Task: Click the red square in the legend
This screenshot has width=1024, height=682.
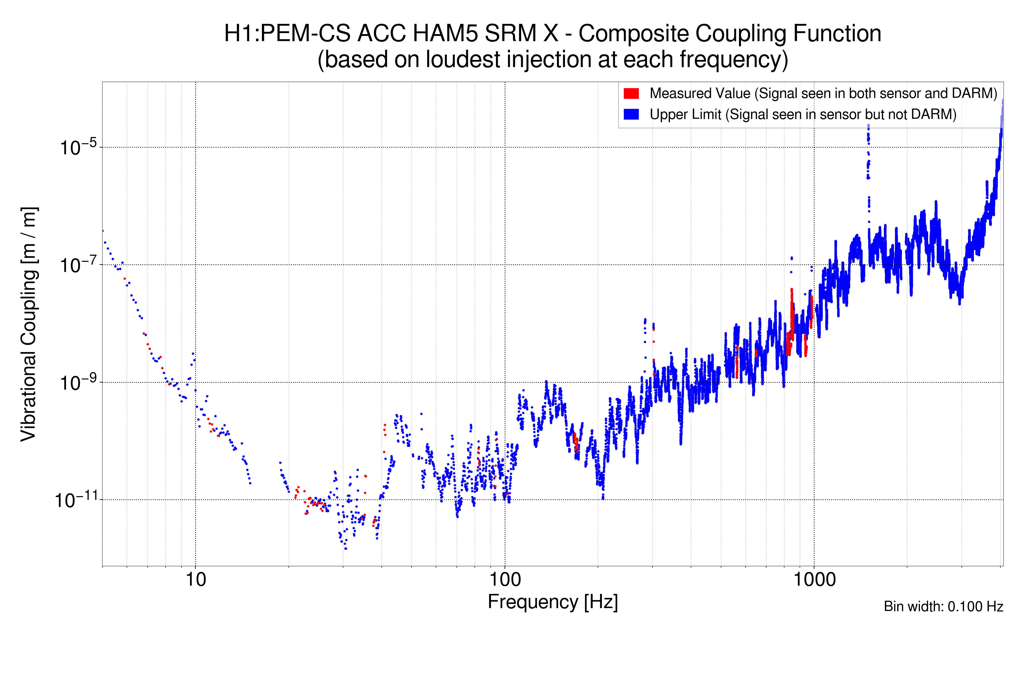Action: pos(631,93)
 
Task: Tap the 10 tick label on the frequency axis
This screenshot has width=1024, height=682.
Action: pos(195,580)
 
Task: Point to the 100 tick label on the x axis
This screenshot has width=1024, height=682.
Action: pos(505,580)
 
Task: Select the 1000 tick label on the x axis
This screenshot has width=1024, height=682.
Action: pos(814,580)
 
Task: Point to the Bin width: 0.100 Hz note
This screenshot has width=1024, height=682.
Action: pos(943,606)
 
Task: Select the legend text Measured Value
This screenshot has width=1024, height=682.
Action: pos(700,93)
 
